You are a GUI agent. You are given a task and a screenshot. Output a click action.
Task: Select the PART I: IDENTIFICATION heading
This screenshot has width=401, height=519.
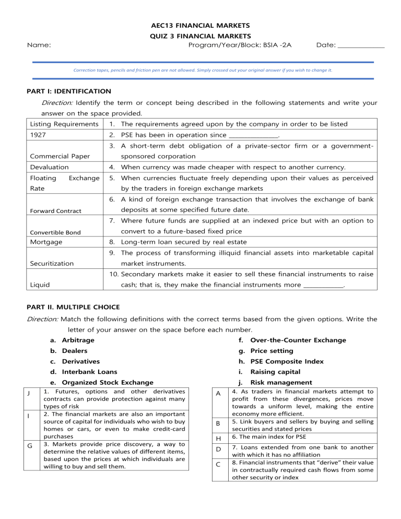[x=68, y=91]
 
